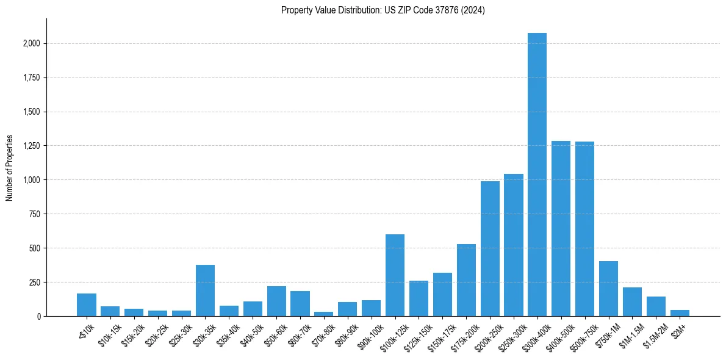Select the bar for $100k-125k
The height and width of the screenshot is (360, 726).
point(395,275)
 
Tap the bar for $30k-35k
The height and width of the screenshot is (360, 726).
point(205,290)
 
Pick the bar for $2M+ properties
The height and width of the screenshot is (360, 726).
point(680,313)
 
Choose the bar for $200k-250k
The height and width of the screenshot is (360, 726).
point(490,249)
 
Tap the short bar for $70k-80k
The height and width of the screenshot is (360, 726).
point(323,314)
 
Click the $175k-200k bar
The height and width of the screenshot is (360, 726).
point(466,280)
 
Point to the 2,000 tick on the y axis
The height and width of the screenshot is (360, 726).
point(32,44)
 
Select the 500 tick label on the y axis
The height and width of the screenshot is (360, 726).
point(35,248)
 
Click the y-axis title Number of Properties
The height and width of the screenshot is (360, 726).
point(9,167)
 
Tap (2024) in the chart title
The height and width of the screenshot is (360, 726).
point(474,10)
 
